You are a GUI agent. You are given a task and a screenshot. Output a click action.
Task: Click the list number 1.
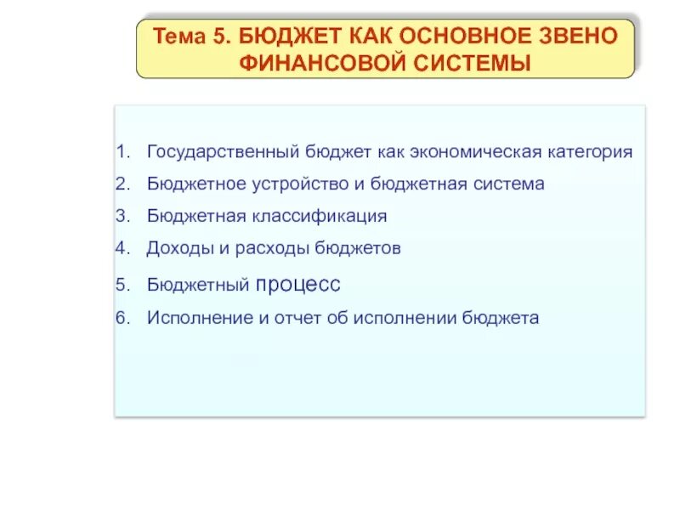tap(122, 152)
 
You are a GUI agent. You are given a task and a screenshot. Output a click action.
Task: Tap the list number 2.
tap(122, 184)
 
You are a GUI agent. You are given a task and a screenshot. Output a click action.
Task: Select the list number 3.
tap(122, 216)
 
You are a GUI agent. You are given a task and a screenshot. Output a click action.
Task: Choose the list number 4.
tap(122, 248)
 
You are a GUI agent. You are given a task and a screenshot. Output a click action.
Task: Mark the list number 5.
tap(122, 284)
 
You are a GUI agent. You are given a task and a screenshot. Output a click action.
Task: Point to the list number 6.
tap(122, 318)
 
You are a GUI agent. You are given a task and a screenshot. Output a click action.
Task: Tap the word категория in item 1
tap(591, 152)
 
